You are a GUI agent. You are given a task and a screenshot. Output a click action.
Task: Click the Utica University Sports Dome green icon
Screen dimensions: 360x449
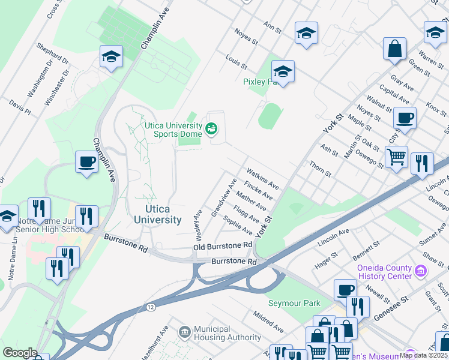[x=211, y=128]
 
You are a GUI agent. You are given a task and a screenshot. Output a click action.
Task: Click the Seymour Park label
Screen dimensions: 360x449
[x=294, y=303]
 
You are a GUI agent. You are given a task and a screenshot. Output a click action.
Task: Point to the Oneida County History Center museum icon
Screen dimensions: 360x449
[x=421, y=271]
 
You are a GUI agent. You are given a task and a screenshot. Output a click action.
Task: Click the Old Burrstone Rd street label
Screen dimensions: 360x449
[x=222, y=246]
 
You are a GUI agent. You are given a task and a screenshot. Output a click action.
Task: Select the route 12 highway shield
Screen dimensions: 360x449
[x=150, y=307]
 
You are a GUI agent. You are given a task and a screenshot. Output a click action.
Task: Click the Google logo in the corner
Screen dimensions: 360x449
[x=19, y=353]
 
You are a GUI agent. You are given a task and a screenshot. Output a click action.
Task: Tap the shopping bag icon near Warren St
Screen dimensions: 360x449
[x=395, y=50]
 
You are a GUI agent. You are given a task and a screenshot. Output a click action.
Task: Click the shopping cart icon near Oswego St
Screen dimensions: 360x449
[x=396, y=158]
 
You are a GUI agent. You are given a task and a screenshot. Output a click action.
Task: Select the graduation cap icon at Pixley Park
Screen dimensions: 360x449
[x=283, y=73]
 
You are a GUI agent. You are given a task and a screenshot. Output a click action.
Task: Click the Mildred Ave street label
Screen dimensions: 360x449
[x=268, y=322]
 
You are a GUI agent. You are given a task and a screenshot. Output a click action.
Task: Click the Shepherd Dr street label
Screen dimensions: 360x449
[x=53, y=53]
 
